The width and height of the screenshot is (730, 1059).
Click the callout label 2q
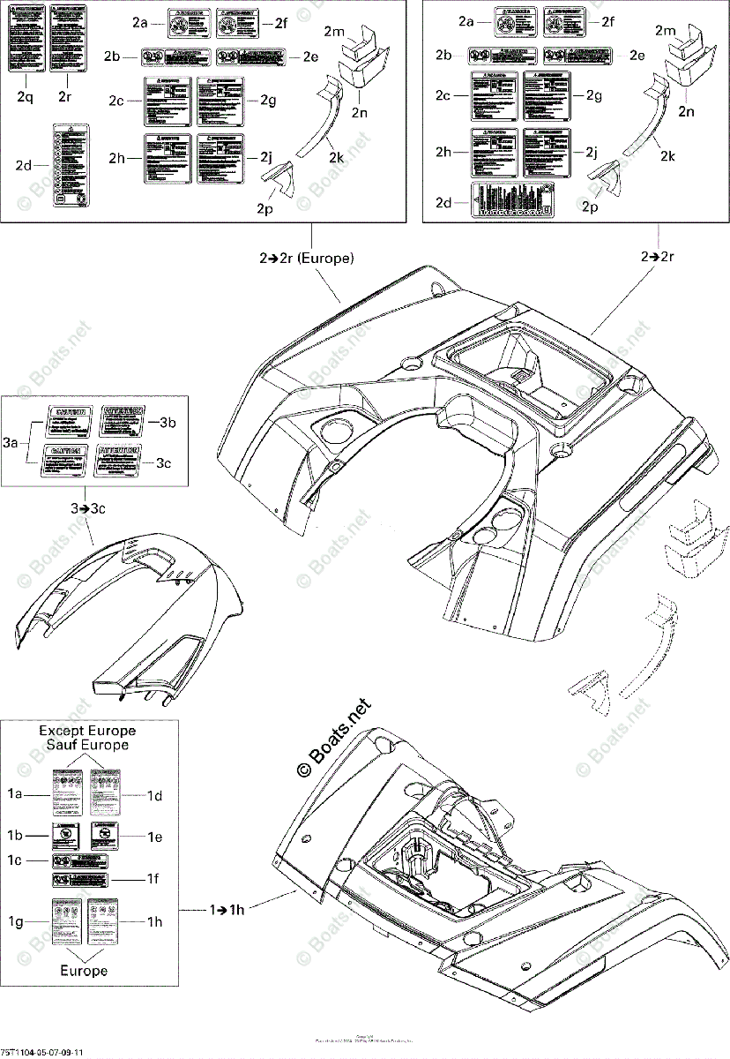coord(25,96)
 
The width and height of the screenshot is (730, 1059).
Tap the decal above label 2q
coord(25,38)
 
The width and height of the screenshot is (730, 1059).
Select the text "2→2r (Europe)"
coord(306,259)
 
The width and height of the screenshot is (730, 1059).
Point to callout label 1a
coord(15,794)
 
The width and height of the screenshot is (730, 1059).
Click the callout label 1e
coord(155,836)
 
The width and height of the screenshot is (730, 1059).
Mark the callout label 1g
coord(15,922)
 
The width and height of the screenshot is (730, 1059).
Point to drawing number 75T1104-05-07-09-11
coord(42,1052)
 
